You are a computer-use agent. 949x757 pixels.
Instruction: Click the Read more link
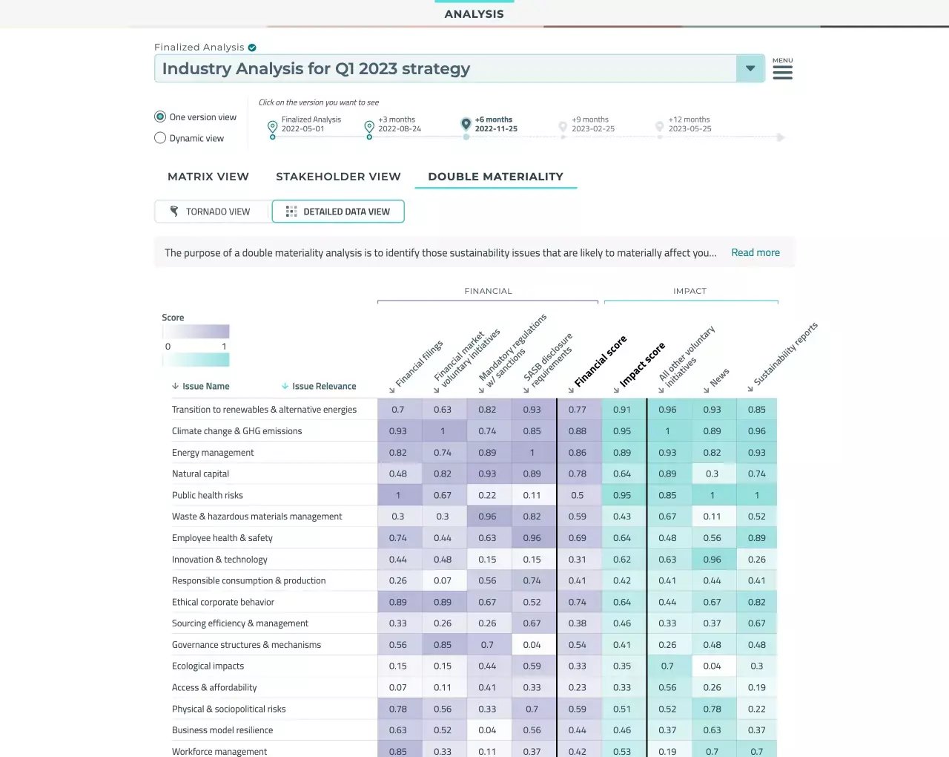tap(755, 252)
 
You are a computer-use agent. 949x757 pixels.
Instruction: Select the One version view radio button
tap(160, 117)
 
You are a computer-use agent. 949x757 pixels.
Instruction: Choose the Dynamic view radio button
tap(160, 138)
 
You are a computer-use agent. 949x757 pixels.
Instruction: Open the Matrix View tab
tap(208, 177)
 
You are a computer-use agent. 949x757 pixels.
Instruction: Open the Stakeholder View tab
tap(338, 177)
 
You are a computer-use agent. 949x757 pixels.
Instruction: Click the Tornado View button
tap(211, 212)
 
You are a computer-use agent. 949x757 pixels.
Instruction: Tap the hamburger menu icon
tap(782, 72)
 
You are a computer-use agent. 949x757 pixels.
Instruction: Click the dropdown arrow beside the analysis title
tap(750, 68)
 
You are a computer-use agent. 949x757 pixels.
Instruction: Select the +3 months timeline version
tap(369, 126)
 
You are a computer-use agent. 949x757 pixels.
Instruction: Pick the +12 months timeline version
tap(659, 126)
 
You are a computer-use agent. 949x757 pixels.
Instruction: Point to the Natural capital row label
tap(200, 473)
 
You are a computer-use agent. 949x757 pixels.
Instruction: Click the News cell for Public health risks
tap(712, 495)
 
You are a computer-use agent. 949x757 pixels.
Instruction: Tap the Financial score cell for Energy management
tap(577, 452)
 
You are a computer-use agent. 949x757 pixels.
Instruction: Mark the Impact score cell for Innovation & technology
tap(622, 560)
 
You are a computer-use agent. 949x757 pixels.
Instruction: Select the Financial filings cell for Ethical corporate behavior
tap(397, 602)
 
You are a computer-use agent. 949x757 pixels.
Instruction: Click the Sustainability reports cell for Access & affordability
tap(756, 687)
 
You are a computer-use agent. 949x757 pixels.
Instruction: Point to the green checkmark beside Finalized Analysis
tap(252, 47)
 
